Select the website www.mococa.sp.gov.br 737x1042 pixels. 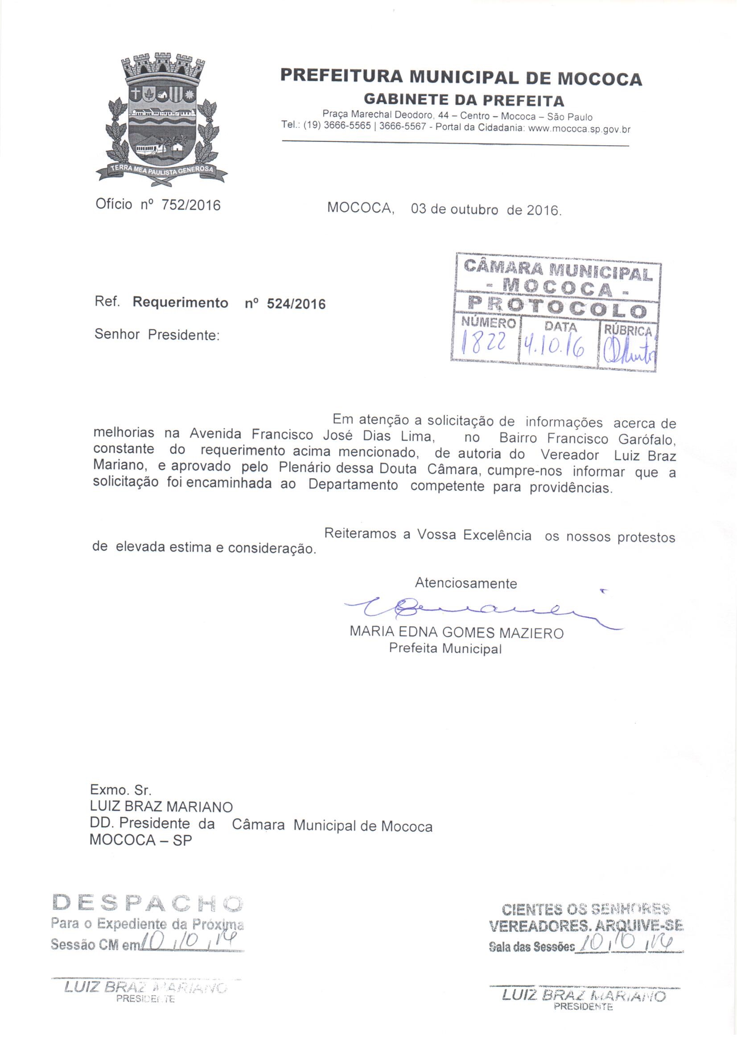[580, 129]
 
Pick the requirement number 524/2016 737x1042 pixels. [296, 304]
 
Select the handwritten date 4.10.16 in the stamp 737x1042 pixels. [554, 349]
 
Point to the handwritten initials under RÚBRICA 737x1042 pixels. [629, 352]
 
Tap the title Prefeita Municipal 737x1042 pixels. [445, 648]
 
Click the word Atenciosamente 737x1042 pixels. [465, 583]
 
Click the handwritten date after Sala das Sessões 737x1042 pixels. [629, 944]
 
